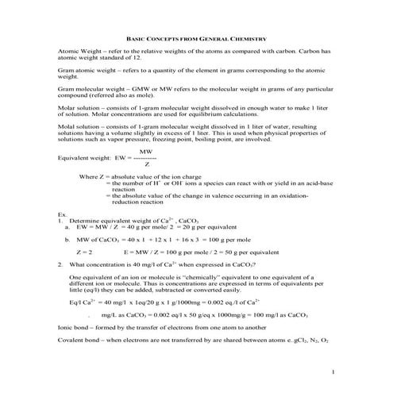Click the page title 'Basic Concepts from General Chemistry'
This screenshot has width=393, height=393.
tap(195, 37)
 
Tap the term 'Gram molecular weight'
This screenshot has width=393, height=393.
tap(88, 93)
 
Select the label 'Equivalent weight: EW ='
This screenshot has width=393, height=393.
tap(91, 157)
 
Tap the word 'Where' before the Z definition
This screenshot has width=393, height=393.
tap(89, 175)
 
